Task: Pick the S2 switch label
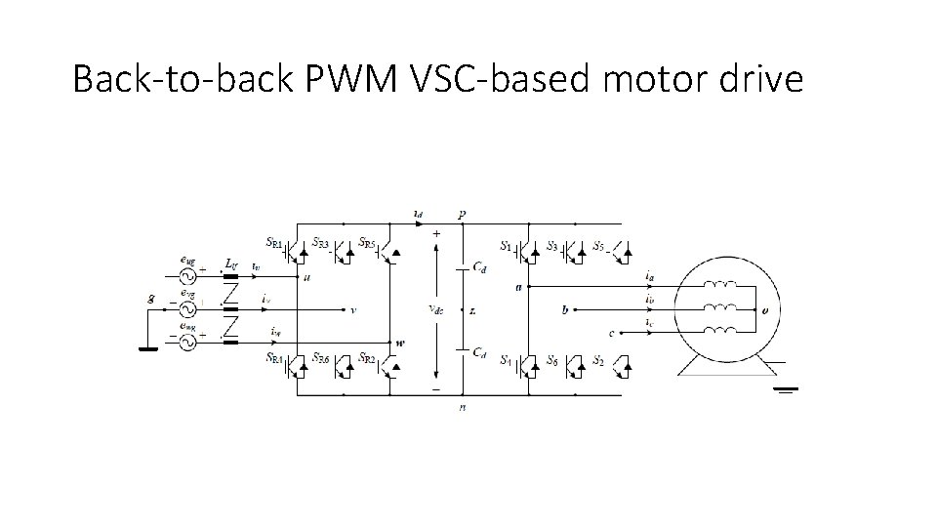point(598,359)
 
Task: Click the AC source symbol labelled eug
point(185,276)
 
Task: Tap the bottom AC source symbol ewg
point(185,342)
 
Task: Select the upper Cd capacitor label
point(479,266)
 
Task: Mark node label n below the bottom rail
point(462,407)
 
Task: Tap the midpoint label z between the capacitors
point(472,310)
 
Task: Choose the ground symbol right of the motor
point(787,389)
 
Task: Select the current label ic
point(650,323)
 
